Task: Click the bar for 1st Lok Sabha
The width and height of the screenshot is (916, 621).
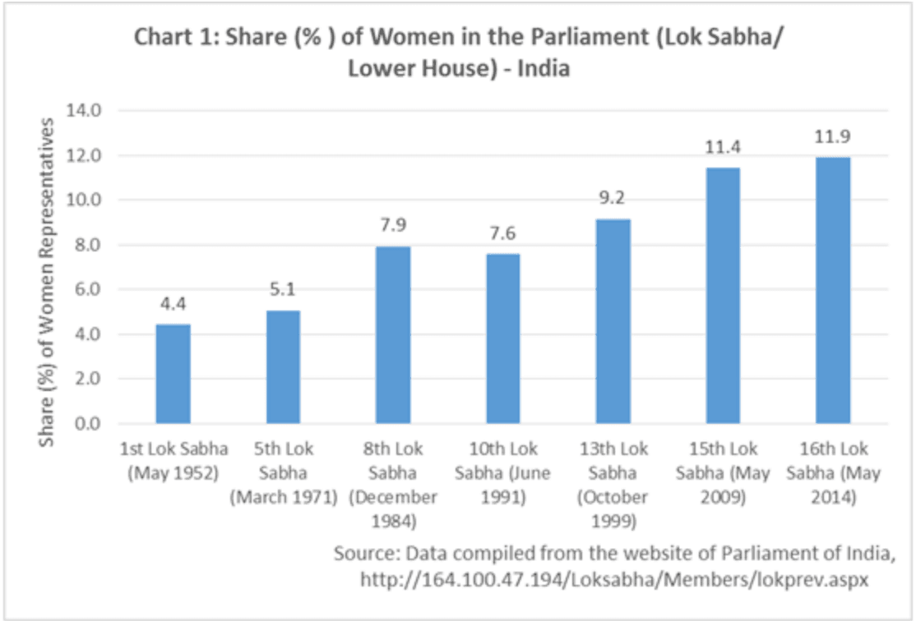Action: (x=173, y=374)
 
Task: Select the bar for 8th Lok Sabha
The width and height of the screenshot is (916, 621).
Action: (x=392, y=335)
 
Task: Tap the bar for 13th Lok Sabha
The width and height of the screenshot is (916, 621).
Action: (x=613, y=321)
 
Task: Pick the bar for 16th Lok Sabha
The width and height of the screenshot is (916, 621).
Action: (x=832, y=291)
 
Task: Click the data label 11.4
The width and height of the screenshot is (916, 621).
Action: (x=722, y=148)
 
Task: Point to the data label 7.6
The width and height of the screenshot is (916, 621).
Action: (x=502, y=234)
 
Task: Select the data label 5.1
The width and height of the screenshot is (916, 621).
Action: (x=282, y=290)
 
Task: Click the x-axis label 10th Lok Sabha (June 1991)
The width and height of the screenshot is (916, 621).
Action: (x=502, y=473)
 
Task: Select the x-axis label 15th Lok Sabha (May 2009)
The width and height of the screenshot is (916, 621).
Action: (x=722, y=473)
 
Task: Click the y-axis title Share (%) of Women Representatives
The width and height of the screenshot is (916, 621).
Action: (x=49, y=281)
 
